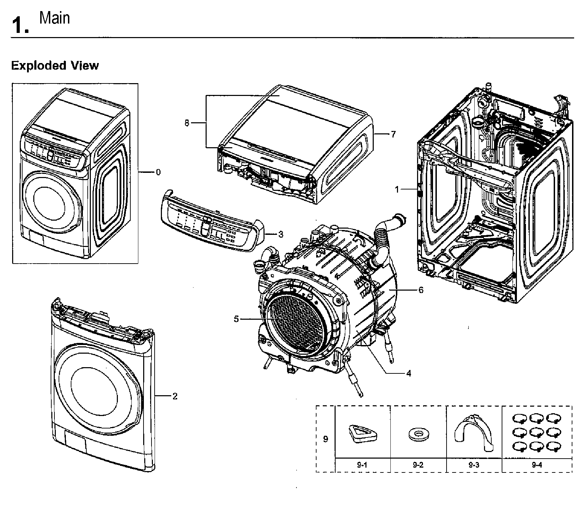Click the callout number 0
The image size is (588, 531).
point(158,172)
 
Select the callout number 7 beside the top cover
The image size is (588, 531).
point(393,134)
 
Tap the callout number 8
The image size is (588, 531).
point(187,123)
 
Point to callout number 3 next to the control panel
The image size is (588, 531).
point(280,234)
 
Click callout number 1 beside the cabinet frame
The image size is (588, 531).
point(397,189)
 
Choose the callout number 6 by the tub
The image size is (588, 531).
point(421,290)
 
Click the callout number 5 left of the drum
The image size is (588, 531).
point(236,319)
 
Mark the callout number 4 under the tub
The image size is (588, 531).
point(408,373)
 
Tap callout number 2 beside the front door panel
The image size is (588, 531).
point(175,396)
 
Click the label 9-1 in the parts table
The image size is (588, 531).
point(362,465)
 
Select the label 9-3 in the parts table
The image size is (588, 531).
point(474,465)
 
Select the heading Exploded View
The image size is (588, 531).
point(55,65)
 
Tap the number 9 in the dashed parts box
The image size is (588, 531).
point(325,439)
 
